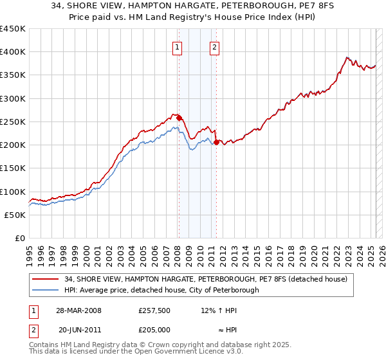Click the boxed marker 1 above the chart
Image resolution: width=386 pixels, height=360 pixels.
coord(176,46)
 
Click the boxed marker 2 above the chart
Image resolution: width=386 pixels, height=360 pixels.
coord(214,46)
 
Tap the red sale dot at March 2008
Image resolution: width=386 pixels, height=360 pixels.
coord(179,118)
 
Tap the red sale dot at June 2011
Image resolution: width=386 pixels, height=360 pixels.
coord(216,142)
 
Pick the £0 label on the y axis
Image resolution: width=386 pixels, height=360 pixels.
coord(19,238)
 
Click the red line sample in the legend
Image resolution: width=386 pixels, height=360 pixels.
coord(46,279)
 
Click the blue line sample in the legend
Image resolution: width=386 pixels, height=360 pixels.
coord(46,290)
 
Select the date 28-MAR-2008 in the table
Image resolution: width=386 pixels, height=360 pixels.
coord(78,310)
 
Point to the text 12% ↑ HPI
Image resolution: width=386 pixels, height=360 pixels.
coord(219,310)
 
